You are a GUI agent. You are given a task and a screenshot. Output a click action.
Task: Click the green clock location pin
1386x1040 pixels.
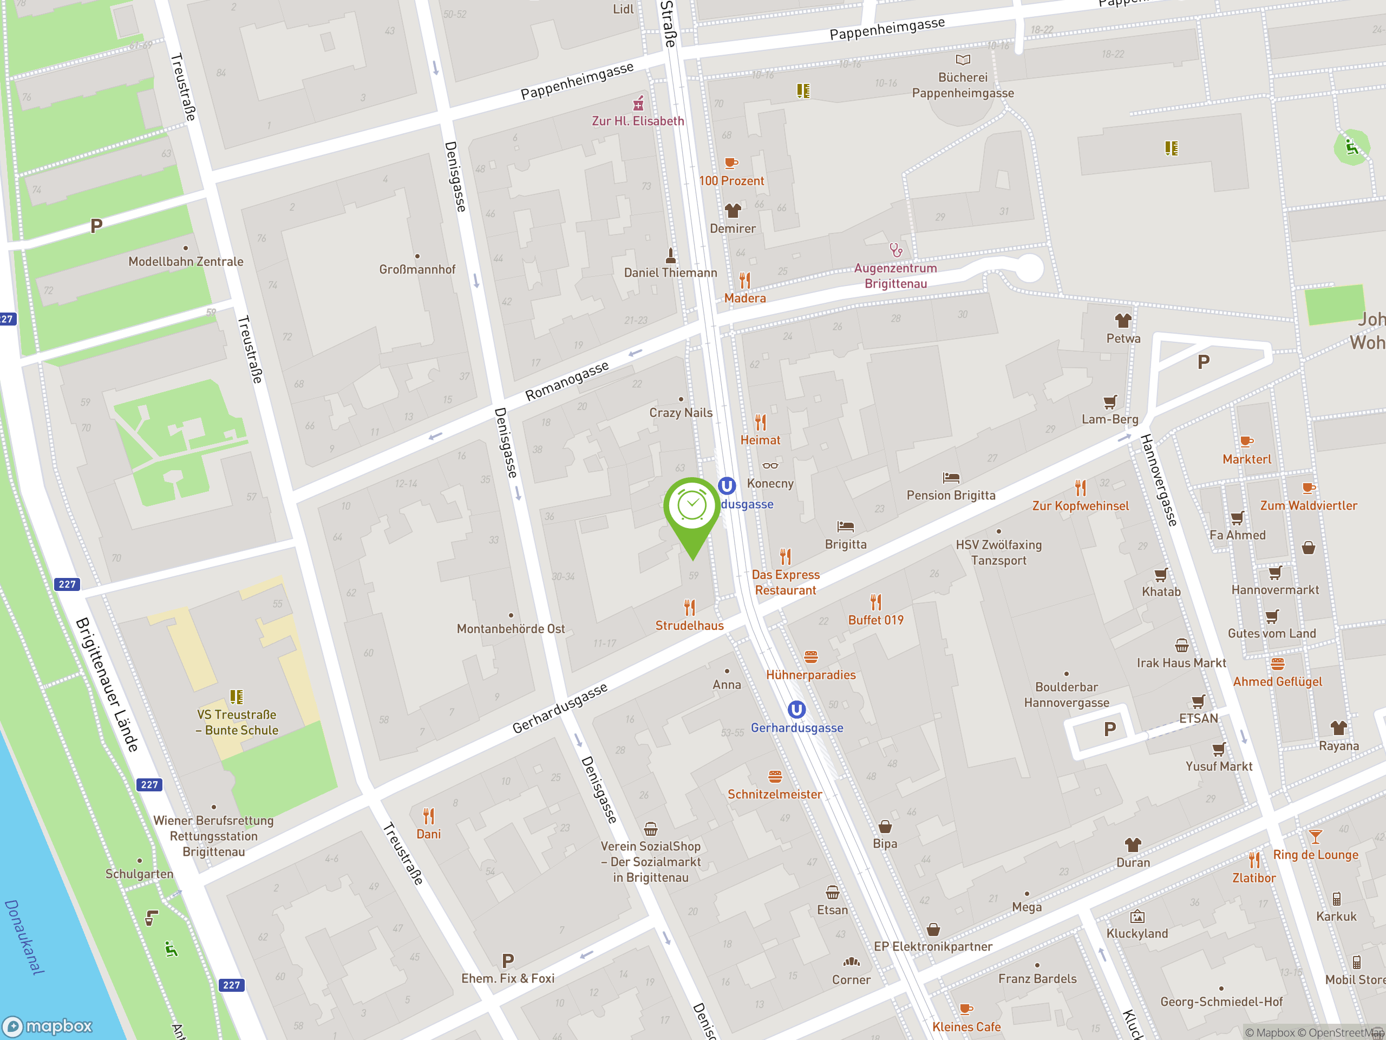point(692,508)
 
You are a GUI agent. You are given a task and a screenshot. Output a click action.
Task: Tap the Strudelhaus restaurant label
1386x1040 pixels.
point(689,625)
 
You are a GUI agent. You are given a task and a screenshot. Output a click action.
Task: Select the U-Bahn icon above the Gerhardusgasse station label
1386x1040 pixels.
point(796,710)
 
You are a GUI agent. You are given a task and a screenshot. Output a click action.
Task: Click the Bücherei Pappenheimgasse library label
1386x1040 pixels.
point(963,85)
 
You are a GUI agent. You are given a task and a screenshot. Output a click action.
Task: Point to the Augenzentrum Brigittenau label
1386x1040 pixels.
point(895,276)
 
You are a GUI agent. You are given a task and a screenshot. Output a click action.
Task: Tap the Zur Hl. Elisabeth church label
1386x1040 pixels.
point(638,121)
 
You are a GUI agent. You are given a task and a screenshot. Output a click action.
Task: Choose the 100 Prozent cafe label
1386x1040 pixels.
point(731,181)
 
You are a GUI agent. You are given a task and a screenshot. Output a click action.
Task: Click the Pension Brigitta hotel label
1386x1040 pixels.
point(951,495)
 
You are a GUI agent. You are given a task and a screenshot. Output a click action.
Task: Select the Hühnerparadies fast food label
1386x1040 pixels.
point(811,675)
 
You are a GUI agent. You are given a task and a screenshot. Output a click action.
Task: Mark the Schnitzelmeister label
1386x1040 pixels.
point(774,794)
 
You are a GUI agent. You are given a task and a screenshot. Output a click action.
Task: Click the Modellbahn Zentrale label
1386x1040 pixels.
point(186,262)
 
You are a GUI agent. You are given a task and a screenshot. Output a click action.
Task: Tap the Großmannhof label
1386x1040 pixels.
point(417,270)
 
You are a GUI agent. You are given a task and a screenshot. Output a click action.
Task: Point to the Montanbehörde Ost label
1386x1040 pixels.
point(511,629)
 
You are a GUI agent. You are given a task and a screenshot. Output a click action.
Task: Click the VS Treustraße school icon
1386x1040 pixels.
point(236,697)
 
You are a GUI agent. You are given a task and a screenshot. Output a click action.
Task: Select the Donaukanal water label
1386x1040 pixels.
point(25,937)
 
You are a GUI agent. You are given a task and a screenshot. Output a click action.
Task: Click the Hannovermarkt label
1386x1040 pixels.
point(1274,590)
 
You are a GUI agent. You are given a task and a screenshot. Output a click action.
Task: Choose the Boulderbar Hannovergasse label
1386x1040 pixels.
point(1067,694)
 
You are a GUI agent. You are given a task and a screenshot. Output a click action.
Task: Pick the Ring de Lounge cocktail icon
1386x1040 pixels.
point(1315,837)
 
